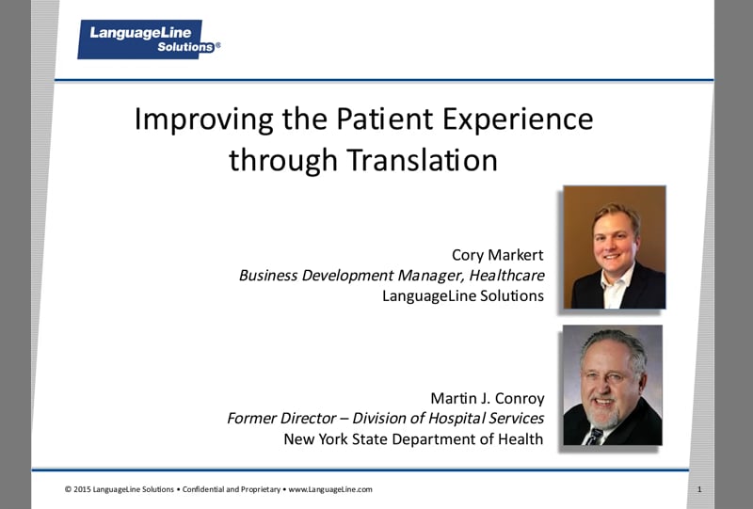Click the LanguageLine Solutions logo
[148, 40]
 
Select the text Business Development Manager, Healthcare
[391, 275]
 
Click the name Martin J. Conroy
[487, 398]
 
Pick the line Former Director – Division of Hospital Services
[385, 419]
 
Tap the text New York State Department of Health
[413, 439]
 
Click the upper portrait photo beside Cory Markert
[614, 247]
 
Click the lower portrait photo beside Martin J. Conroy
[612, 385]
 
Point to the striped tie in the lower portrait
[595, 437]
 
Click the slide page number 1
[700, 489]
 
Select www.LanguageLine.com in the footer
[330, 489]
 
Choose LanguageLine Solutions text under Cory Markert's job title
[462, 295]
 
